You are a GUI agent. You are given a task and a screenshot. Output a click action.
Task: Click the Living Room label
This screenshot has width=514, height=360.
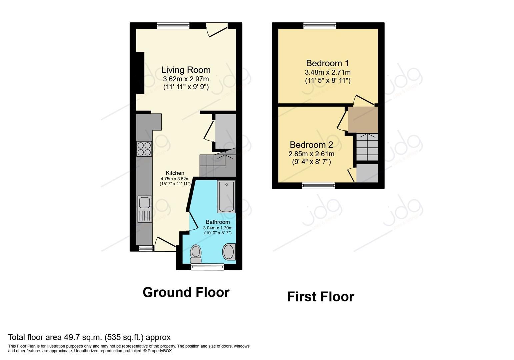pyautogui.click(x=186, y=70)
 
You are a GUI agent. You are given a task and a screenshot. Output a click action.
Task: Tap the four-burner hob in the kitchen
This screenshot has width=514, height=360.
pyautogui.click(x=144, y=149)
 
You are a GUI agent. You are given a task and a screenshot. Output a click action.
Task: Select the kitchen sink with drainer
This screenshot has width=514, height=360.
pyautogui.click(x=145, y=209)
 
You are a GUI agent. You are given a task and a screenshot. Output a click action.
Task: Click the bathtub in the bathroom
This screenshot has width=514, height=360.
pyautogui.click(x=226, y=196)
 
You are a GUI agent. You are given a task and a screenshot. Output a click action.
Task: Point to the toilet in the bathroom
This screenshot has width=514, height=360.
pyautogui.click(x=196, y=254)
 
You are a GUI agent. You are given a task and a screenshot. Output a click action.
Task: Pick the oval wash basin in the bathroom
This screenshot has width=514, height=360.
pyautogui.click(x=229, y=252)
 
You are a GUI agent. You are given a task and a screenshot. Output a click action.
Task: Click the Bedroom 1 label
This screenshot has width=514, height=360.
pyautogui.click(x=327, y=63)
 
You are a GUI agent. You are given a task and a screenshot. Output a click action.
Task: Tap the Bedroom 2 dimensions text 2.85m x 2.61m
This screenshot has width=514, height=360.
pyautogui.click(x=311, y=154)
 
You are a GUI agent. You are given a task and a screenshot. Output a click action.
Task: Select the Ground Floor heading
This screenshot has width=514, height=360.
pyautogui.click(x=186, y=292)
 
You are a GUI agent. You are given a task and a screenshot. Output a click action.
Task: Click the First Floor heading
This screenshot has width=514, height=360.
pyautogui.click(x=320, y=297)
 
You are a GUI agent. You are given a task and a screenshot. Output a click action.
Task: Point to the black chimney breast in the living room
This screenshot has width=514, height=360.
pyautogui.click(x=140, y=73)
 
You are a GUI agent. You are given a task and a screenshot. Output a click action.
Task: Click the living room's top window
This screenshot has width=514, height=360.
pyautogui.click(x=173, y=26)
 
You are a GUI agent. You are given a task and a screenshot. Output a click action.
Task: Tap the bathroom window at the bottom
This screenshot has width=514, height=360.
pyautogui.click(x=207, y=267)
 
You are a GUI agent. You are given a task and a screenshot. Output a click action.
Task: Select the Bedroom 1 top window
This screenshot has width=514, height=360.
pyautogui.click(x=320, y=26)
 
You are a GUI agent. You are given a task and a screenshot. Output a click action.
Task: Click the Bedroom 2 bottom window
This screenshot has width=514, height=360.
pyautogui.click(x=318, y=185)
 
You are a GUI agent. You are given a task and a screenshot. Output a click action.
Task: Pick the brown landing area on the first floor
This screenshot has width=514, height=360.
pyautogui.click(x=363, y=119)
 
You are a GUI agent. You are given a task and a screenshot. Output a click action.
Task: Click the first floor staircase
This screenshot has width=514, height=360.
pyautogui.click(x=367, y=147)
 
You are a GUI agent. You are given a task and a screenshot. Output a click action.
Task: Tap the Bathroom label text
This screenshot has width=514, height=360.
pyautogui.click(x=218, y=222)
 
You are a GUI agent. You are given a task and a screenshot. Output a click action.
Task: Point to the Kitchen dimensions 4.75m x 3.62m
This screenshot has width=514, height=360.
pyautogui.click(x=175, y=179)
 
